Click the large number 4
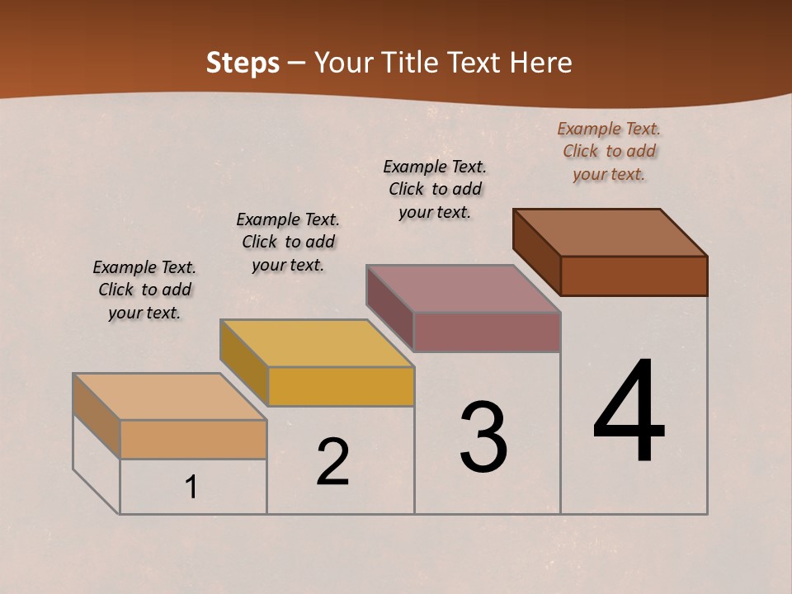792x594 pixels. (629, 412)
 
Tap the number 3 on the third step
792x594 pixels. (483, 437)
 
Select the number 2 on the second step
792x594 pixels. (333, 462)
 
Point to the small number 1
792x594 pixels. (191, 488)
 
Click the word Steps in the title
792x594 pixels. (243, 63)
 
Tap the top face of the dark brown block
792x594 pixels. (610, 232)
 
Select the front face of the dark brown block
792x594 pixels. (634, 276)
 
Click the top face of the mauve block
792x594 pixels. (464, 288)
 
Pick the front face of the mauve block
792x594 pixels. (487, 332)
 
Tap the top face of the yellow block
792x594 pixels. (317, 342)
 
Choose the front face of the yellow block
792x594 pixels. (341, 386)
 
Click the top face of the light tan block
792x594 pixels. (170, 396)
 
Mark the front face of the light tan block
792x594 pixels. (193, 439)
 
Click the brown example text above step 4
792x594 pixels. (609, 151)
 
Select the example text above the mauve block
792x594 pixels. (435, 189)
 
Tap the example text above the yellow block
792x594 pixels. (288, 242)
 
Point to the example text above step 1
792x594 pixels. (144, 290)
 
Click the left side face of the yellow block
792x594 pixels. (243, 361)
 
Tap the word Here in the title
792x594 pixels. (540, 63)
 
